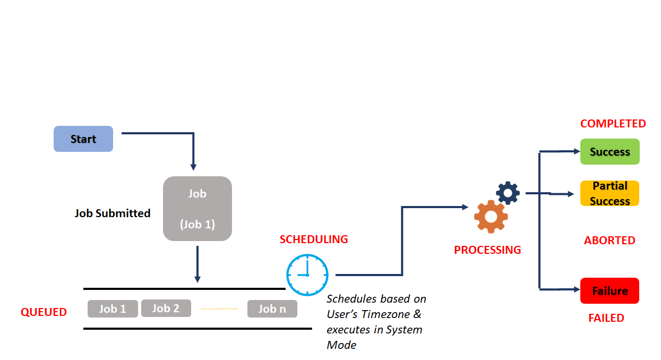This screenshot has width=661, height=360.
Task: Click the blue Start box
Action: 83,139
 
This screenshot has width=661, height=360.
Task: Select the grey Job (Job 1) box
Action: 197,209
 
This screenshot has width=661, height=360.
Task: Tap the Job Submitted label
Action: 113,213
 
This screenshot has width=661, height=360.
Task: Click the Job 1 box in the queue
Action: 113,309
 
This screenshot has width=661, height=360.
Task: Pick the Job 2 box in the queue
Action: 166,308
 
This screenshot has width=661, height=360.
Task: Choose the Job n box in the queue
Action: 272,309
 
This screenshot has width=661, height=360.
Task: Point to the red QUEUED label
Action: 44,312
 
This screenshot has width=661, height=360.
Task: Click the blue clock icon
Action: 307,275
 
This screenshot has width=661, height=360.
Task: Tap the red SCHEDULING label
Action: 314,239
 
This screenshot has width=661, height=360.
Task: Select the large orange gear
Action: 491,217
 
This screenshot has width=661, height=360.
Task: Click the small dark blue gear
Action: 508,193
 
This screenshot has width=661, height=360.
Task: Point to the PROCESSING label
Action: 487,250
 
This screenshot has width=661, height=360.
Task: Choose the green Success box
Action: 610,152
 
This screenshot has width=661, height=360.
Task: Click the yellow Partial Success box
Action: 610,193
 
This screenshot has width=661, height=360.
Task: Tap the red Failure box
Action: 610,291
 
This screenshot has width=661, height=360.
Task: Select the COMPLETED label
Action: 613,124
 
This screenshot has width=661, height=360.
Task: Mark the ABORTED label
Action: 610,241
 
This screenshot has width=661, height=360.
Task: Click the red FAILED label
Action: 606,318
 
